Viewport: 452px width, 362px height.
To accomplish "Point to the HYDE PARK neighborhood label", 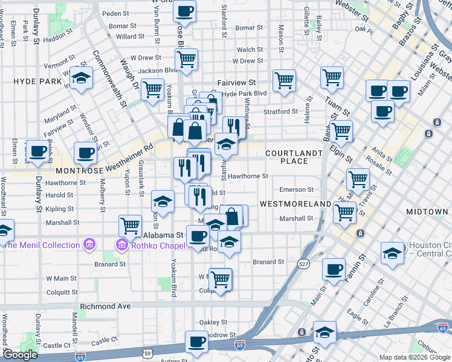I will [x=39, y=81].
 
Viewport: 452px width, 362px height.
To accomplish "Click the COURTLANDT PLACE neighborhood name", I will [x=294, y=157].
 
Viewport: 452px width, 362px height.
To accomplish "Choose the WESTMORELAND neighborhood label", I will [x=295, y=204].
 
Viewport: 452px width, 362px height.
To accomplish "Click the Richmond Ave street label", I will [x=105, y=306].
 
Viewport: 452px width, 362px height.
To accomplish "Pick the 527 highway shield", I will [x=303, y=264].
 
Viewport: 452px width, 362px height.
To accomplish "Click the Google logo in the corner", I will [x=20, y=355].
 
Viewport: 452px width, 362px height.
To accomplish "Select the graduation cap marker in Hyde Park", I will [x=80, y=78].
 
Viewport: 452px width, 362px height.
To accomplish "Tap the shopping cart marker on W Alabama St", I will [x=131, y=225].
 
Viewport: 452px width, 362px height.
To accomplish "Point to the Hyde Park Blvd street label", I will [x=245, y=94].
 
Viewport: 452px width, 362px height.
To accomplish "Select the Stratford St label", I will [x=280, y=112].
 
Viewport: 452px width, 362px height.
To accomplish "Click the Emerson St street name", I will [x=296, y=189].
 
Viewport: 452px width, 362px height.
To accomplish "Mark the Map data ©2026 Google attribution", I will [x=415, y=357].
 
